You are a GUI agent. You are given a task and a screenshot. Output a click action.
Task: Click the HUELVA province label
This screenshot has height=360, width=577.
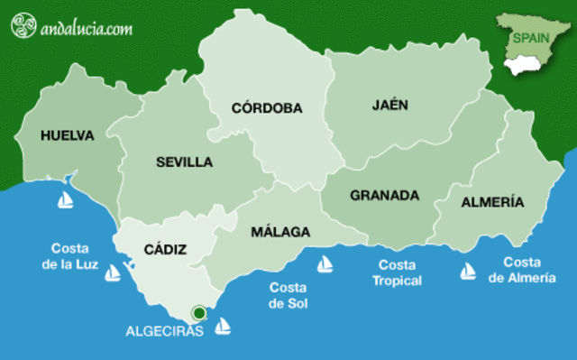68,135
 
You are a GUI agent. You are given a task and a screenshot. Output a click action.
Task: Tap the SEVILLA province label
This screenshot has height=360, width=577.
184,162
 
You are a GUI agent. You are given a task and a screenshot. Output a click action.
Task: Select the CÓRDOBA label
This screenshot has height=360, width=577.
267,108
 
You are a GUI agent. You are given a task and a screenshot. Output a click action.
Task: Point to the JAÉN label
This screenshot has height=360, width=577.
389,105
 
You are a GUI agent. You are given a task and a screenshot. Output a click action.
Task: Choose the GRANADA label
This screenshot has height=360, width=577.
385,195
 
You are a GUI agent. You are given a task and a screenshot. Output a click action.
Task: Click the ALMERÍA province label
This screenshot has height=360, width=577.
492,202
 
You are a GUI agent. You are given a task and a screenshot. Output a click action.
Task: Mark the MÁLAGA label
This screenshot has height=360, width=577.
280,232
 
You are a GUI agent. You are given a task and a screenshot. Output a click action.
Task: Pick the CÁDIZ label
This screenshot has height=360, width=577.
165,249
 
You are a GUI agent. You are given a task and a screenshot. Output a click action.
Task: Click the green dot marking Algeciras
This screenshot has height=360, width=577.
199,313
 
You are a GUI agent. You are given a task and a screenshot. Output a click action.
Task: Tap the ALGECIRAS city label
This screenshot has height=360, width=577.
164,331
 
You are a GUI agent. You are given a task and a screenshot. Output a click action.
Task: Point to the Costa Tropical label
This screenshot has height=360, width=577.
397,272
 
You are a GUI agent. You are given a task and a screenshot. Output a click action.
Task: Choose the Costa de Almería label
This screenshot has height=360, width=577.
522,270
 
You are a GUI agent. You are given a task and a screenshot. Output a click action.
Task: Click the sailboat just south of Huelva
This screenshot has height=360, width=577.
66,200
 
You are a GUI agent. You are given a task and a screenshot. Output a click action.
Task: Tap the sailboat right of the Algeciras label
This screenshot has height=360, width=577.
222,326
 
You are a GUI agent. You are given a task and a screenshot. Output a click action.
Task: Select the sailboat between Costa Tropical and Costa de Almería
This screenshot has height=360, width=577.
468,270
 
